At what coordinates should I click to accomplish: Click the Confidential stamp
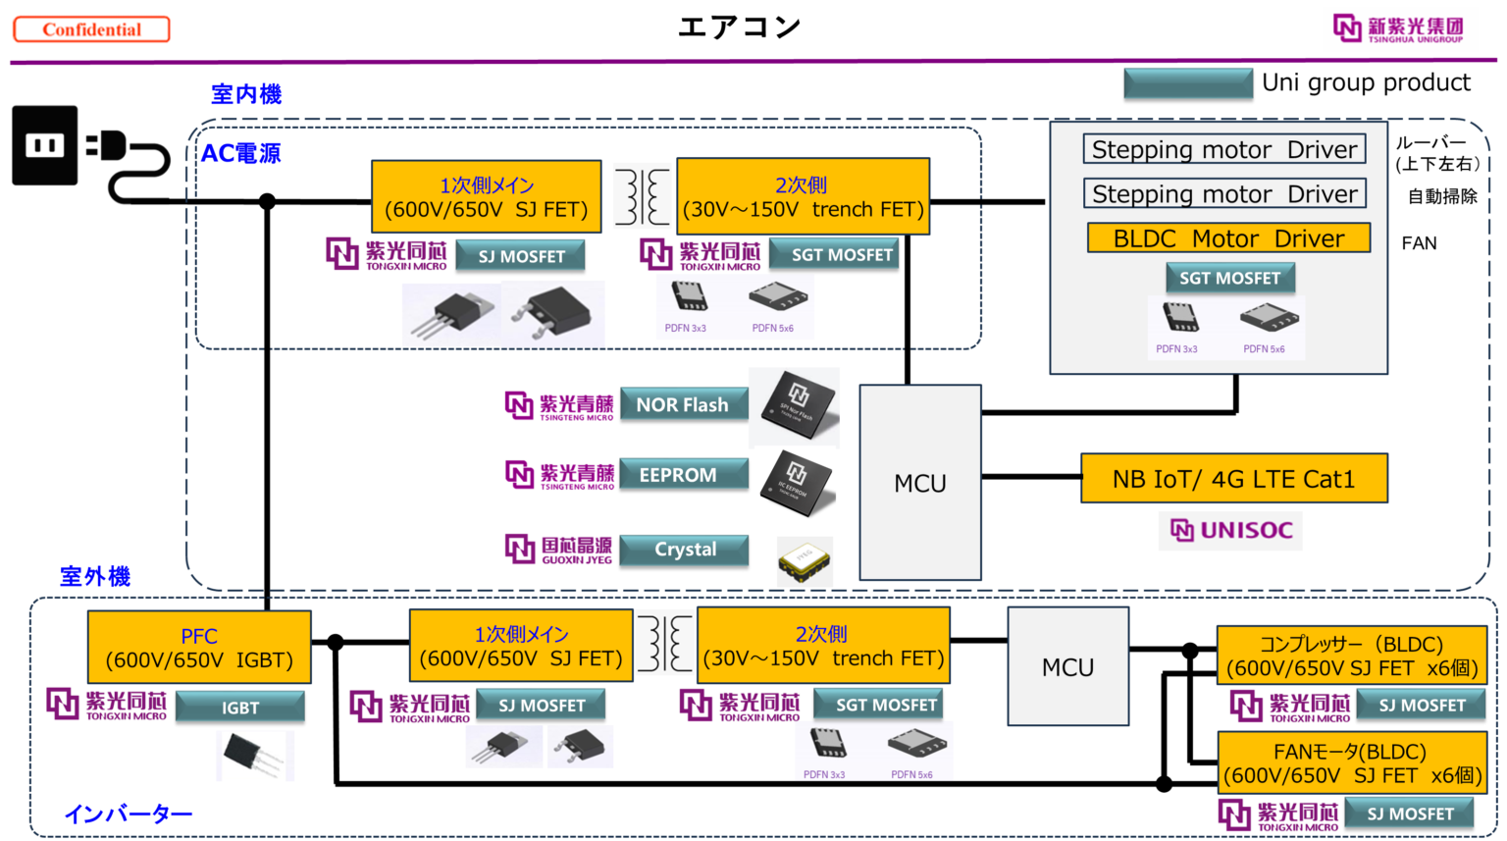pos(91,29)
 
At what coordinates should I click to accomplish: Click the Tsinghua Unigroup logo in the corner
pos(1399,29)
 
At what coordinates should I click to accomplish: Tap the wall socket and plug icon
pos(91,152)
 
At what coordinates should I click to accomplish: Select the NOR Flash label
pos(683,404)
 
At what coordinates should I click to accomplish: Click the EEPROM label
pos(683,475)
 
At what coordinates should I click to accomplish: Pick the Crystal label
pos(685,550)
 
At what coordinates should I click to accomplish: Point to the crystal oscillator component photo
pos(805,561)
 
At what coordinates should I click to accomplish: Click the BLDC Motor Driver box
pos(1228,238)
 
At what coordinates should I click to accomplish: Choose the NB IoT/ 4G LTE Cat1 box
pos(1233,479)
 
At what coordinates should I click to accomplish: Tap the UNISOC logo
pos(1230,531)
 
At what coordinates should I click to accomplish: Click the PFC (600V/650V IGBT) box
pos(199,648)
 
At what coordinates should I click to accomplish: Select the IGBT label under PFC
pos(240,708)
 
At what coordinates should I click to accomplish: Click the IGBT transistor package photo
pos(255,756)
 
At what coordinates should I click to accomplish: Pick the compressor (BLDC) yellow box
pos(1351,657)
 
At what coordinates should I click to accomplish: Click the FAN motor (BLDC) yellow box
pos(1351,763)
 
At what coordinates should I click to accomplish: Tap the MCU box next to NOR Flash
pos(920,483)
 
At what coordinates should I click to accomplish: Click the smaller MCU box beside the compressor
pos(1067,667)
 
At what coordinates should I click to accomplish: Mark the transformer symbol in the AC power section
pos(642,196)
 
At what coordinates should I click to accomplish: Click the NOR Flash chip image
pos(795,407)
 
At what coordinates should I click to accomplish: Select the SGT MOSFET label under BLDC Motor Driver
pos(1229,279)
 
